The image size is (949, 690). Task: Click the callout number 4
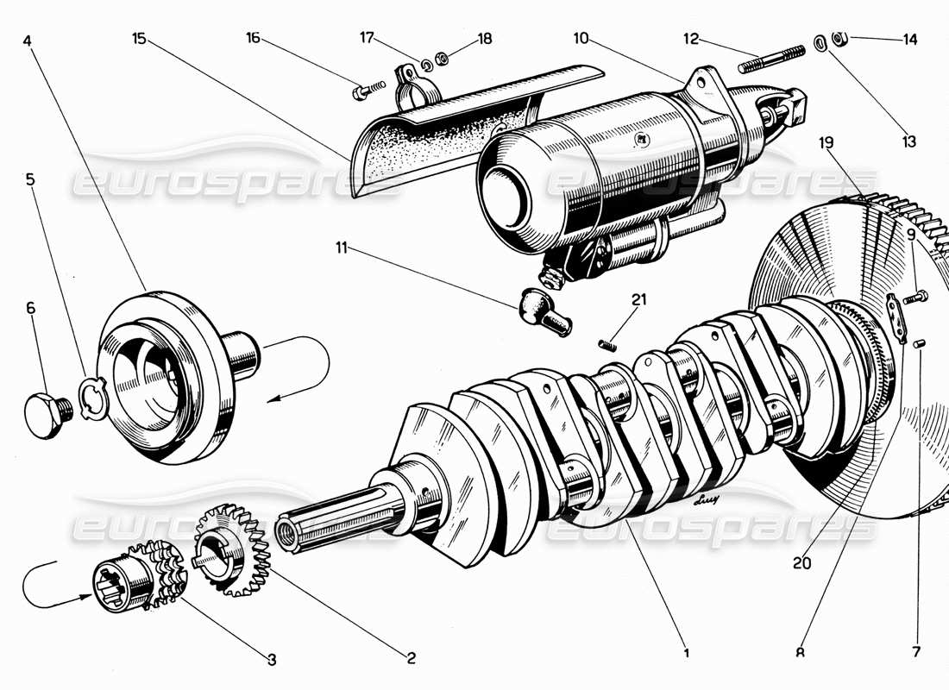[x=28, y=40]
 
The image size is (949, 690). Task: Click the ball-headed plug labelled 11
[x=543, y=310]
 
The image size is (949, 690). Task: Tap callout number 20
[x=802, y=564]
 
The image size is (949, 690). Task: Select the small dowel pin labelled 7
[x=919, y=344]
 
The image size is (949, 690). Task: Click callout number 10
[x=581, y=39]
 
